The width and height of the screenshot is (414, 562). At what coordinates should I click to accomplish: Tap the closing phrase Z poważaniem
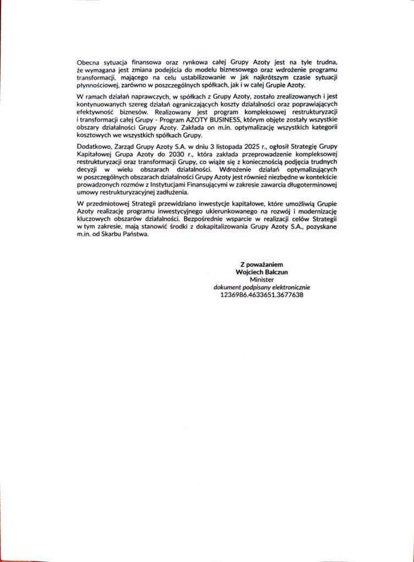pos(258,265)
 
